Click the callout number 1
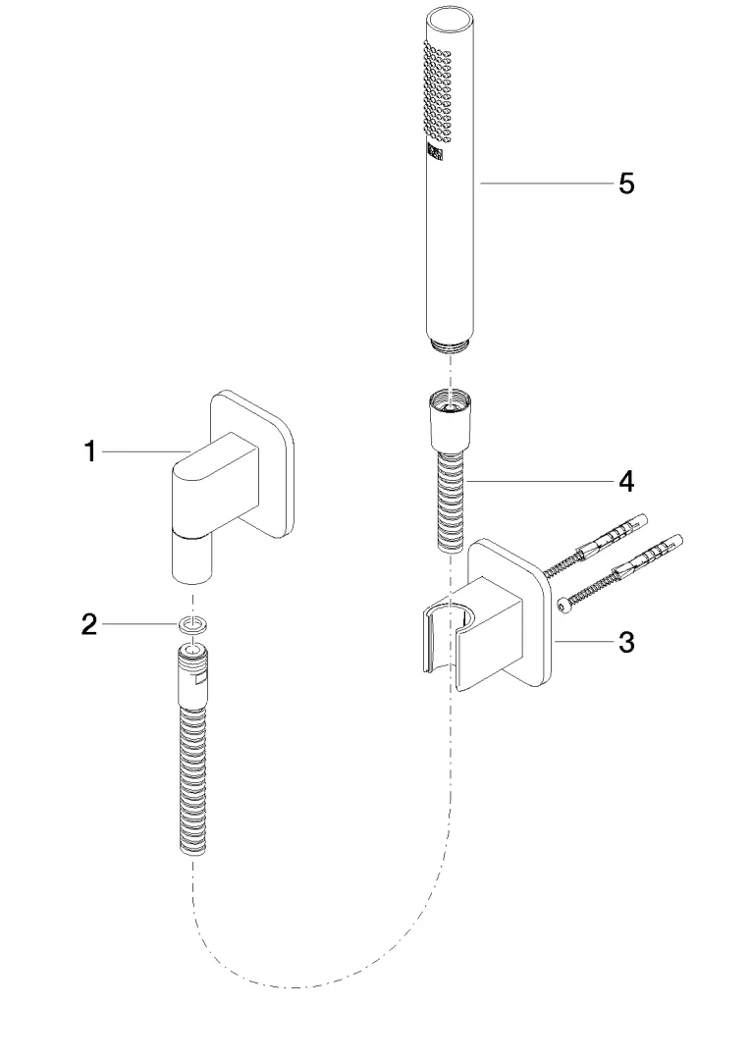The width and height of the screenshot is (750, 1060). click(89, 451)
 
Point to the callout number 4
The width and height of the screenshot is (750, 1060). click(625, 482)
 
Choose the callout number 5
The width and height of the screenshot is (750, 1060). click(625, 184)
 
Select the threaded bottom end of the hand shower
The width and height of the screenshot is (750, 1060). click(451, 344)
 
